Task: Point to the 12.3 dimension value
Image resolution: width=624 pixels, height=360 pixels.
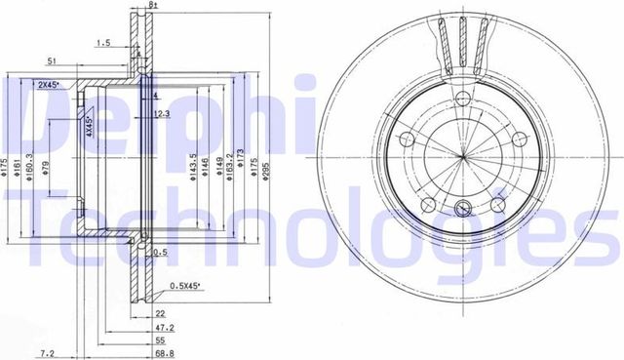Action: [163, 114]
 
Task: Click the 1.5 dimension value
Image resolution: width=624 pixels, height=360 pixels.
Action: [101, 42]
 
